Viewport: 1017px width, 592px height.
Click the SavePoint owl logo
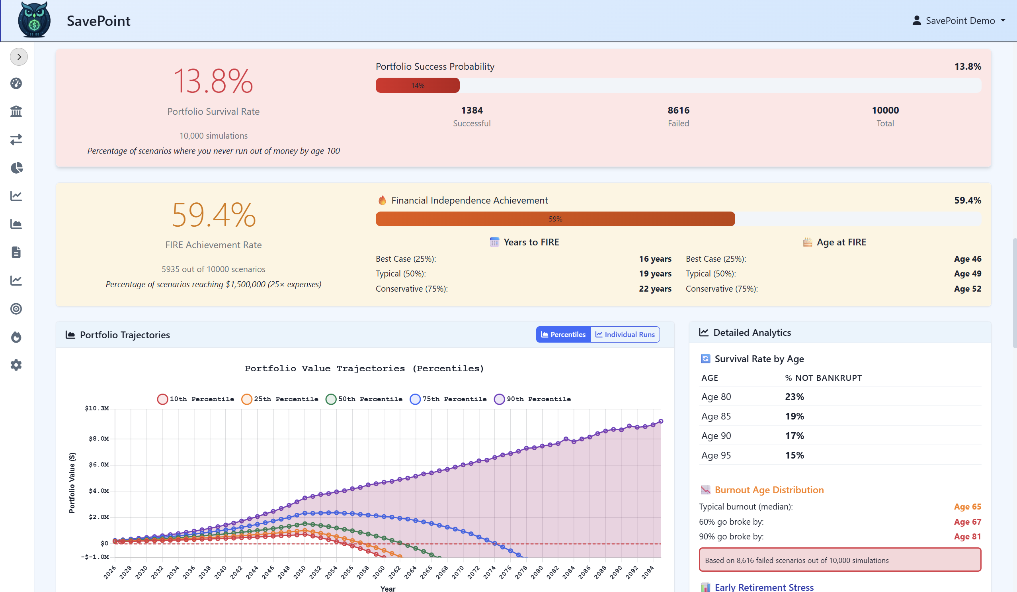click(x=34, y=20)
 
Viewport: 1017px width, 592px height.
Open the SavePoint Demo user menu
click(x=958, y=21)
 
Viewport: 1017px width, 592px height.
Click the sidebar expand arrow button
click(x=19, y=57)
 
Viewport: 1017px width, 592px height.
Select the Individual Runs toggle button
click(x=625, y=334)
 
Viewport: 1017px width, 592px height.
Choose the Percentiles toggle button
click(x=563, y=334)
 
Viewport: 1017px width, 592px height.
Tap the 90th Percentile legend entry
click(x=532, y=399)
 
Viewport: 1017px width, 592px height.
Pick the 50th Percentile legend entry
click(x=364, y=399)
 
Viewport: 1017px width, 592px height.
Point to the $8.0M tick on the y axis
click(x=99, y=439)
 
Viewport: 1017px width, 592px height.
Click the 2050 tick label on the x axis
click(x=300, y=572)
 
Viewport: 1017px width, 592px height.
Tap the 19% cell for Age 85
click(x=794, y=416)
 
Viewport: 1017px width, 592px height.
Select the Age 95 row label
click(x=716, y=455)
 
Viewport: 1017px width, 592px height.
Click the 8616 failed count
click(x=678, y=110)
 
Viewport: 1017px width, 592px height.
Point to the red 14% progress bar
click(x=417, y=86)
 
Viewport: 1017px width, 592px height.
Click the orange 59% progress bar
click(x=555, y=219)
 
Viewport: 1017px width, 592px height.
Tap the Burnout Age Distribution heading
click(x=769, y=490)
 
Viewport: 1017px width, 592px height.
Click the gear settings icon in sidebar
click(x=16, y=365)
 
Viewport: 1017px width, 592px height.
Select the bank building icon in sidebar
click(x=16, y=111)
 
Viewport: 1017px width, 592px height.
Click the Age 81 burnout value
click(x=967, y=537)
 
